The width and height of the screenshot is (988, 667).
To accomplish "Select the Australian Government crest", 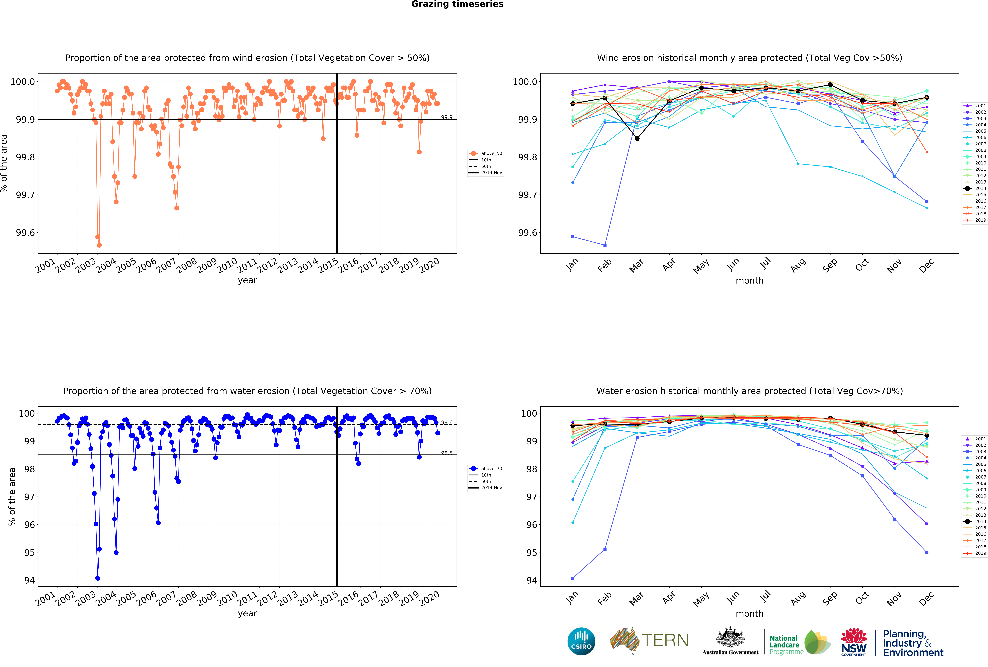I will (730, 637).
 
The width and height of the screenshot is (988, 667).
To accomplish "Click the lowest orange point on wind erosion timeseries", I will (99, 245).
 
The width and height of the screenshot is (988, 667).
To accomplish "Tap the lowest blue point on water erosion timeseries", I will (98, 578).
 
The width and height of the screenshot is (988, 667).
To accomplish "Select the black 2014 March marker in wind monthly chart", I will (637, 138).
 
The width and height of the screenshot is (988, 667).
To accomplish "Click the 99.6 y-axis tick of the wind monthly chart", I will (527, 233).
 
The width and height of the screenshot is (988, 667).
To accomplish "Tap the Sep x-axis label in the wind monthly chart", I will (829, 265).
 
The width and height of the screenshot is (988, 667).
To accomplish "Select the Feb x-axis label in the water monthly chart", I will (604, 598).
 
